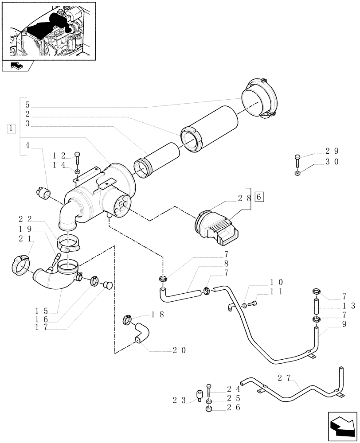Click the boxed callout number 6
tap(259, 196)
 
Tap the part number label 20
tap(179, 350)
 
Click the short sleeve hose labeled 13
tap(316, 306)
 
